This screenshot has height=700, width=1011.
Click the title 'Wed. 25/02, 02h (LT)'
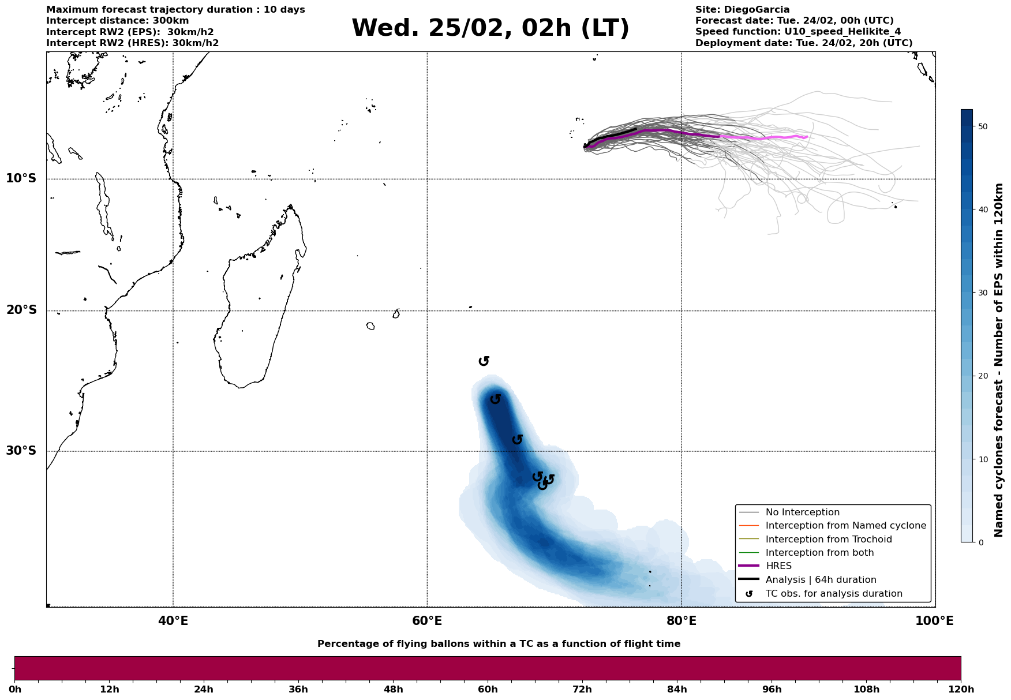pos(490,28)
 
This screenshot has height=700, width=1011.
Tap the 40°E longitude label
pos(173,621)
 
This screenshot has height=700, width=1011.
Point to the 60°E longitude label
pos(427,621)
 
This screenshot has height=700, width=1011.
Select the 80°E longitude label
pos(682,621)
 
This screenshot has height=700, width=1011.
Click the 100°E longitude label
pos(934,621)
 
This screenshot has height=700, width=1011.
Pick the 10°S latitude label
pos(21,178)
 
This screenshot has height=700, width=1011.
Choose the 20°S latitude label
pos(21,310)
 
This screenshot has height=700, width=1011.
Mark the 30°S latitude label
pos(21,451)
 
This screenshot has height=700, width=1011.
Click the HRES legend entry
pos(778,566)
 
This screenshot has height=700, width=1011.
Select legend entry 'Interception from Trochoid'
pos(829,540)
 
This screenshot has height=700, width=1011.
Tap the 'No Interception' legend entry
pos(802,512)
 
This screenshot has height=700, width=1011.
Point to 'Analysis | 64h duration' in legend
pos(821,580)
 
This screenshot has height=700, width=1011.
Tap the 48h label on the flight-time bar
pos(394,690)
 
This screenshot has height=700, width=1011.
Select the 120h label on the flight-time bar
pos(961,690)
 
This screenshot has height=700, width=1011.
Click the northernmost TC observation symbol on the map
pos(484,361)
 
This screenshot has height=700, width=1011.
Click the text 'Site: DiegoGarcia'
pos(742,10)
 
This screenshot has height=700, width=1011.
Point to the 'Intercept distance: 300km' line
pos(117,21)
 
